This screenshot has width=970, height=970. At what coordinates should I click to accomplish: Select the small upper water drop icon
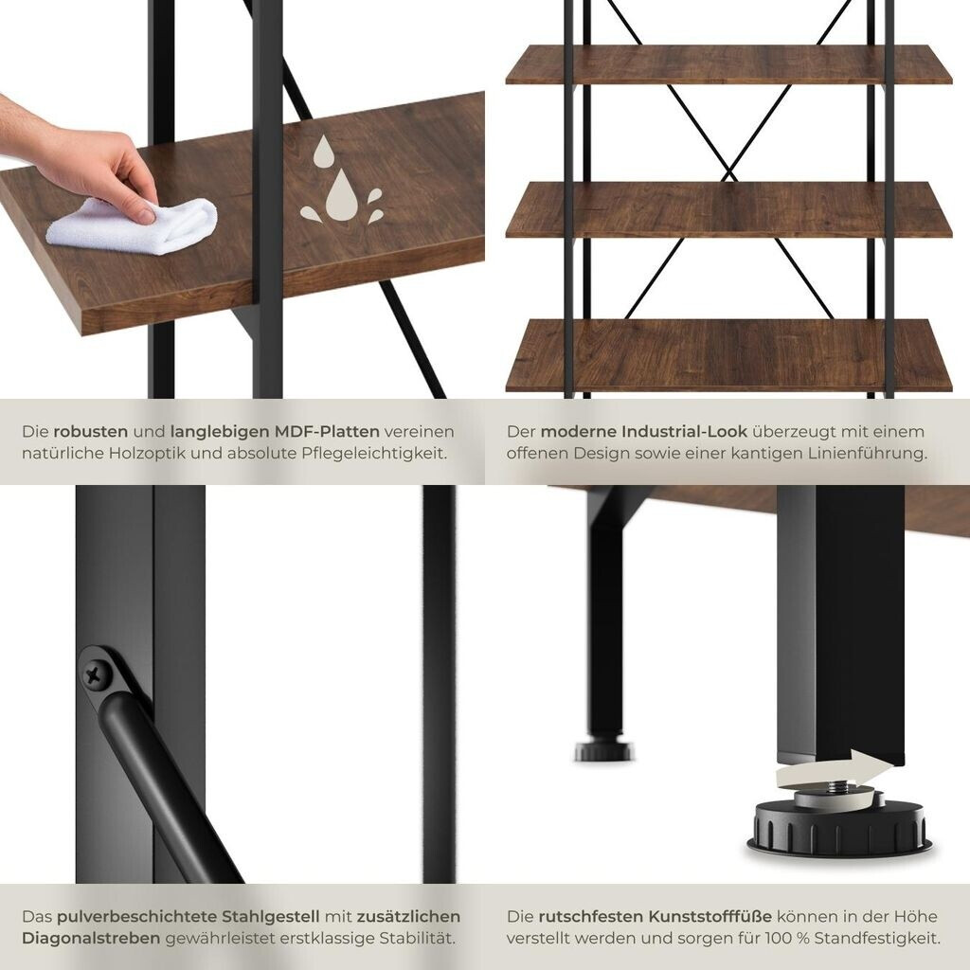[324, 152]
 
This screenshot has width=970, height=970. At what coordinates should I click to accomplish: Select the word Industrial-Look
[684, 431]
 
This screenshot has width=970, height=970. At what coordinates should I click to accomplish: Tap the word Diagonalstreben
[91, 938]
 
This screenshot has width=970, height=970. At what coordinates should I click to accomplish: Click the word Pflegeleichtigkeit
[374, 453]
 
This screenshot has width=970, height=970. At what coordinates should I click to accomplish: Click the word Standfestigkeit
[877, 938]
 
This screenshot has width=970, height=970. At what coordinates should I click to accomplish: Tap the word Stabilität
[417, 938]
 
